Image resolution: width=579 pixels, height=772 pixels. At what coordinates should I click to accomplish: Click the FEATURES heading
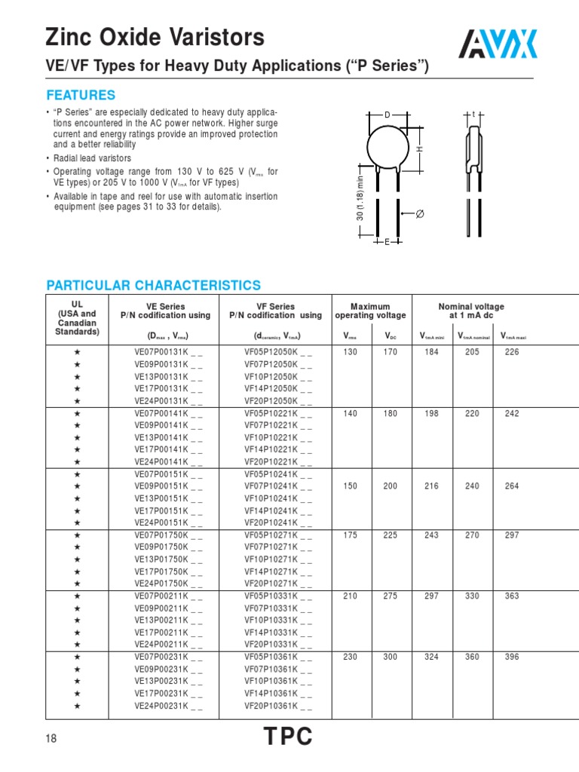[81, 95]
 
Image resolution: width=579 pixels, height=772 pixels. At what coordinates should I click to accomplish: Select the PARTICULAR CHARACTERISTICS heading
[154, 285]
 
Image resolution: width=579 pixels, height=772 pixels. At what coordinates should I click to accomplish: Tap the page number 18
[51, 740]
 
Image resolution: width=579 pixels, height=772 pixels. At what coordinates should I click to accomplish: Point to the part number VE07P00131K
[167, 352]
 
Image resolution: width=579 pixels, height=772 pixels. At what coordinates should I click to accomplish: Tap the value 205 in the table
[472, 352]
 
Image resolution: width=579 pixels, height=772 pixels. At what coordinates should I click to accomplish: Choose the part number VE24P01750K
[167, 583]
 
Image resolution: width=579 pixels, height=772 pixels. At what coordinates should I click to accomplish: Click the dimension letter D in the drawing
[388, 115]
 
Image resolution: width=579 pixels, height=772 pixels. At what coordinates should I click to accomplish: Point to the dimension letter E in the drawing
[388, 242]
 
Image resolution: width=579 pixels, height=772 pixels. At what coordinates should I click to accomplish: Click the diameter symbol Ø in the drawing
[421, 215]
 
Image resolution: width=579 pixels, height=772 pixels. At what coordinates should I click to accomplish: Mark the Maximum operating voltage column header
[370, 311]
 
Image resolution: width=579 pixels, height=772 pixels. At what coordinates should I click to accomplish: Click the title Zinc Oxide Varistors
[155, 38]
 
